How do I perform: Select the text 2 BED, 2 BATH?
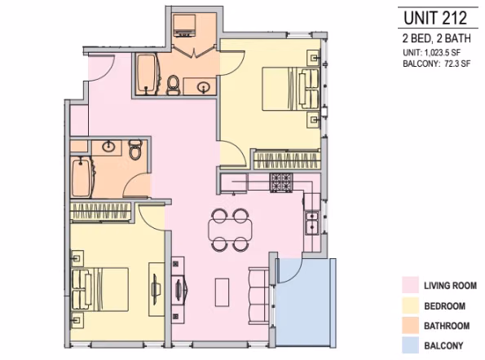(431, 39)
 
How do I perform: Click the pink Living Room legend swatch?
(410, 286)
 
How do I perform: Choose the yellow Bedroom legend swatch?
(410, 306)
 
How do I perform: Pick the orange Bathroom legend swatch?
(410, 327)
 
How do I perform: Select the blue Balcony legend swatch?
(410, 346)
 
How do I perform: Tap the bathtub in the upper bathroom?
(147, 75)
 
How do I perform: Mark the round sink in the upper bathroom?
(203, 86)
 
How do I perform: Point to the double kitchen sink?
(311, 221)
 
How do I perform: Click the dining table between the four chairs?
(229, 230)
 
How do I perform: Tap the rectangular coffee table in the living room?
(221, 291)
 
